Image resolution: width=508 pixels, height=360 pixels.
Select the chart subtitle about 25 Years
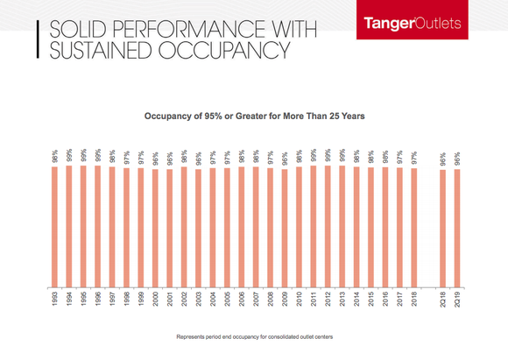tap(253, 114)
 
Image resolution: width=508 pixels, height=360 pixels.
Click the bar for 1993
tap(54, 226)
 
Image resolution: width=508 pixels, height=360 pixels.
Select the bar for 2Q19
tap(456, 228)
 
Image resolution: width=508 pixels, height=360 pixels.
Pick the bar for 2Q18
tap(442, 228)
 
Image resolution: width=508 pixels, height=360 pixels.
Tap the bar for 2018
tap(413, 227)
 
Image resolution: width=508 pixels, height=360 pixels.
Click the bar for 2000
tap(155, 228)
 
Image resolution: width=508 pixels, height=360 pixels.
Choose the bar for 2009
tap(284, 228)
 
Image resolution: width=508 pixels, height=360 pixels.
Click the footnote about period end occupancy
tap(254, 336)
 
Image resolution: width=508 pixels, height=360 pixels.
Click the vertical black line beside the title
tap(38, 40)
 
